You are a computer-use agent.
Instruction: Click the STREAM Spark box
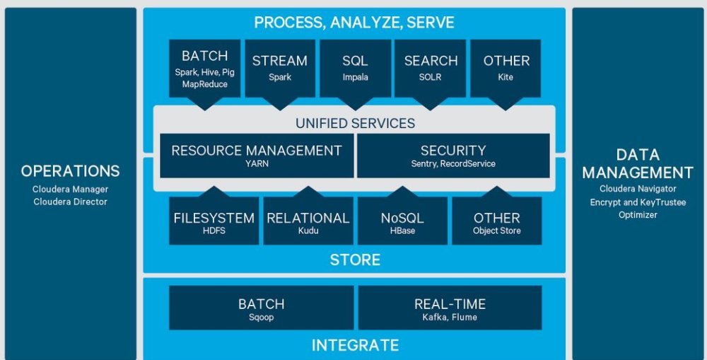pos(279,67)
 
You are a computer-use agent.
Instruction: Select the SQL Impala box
pos(355,67)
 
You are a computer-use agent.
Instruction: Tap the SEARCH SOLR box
pos(431,67)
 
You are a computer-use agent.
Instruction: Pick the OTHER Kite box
pos(506,67)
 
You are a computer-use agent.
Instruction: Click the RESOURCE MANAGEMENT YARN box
pos(257,156)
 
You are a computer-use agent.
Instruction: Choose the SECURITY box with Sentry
pos(453,156)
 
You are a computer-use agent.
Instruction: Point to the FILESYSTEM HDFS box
pos(214,221)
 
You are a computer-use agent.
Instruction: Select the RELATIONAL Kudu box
pos(308,221)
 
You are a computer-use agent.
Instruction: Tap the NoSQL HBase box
pos(402,221)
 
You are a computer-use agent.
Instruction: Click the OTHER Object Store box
pos(496,221)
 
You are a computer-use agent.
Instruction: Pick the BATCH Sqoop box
pos(261,308)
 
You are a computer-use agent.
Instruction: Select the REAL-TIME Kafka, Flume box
pos(450,308)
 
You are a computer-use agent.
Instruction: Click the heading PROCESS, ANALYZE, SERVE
pos(354,23)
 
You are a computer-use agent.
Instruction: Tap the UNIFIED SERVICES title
pos(355,123)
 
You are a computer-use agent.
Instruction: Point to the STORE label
pos(355,260)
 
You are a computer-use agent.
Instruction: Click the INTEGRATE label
pos(355,345)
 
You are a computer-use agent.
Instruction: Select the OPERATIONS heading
pos(70,171)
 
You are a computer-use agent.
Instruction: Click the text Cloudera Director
pos(70,202)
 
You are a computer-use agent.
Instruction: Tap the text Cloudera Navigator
pos(638,189)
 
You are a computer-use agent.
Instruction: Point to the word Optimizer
pos(638,215)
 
